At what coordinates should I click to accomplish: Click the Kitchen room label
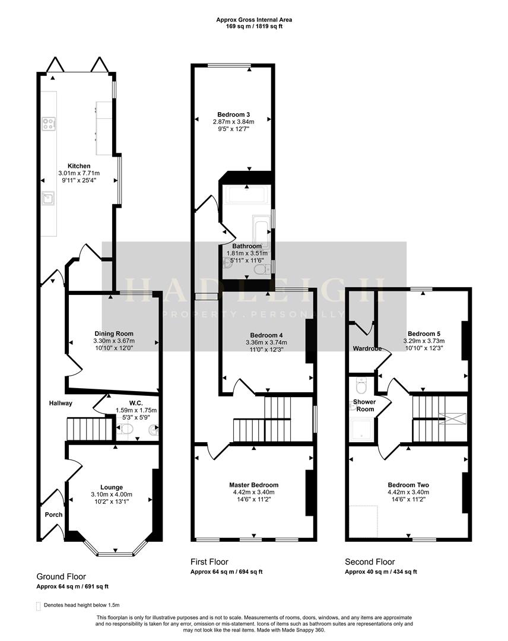pyautogui.click(x=79, y=166)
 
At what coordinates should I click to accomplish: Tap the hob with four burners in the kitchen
pyautogui.click(x=49, y=125)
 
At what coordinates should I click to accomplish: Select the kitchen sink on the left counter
pyautogui.click(x=48, y=198)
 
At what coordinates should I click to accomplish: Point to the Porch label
pyautogui.click(x=53, y=515)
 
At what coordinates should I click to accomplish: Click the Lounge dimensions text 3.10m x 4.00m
pyautogui.click(x=112, y=494)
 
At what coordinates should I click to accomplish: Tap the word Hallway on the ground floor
pyautogui.click(x=61, y=404)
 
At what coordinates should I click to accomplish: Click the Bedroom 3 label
pyautogui.click(x=233, y=115)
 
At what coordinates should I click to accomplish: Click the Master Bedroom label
pyautogui.click(x=254, y=485)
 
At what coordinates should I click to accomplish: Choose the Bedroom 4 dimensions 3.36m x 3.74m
pyautogui.click(x=266, y=342)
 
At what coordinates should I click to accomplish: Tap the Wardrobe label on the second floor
pyautogui.click(x=367, y=348)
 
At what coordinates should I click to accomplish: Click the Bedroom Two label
pyautogui.click(x=408, y=484)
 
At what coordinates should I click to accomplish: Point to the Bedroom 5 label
pyautogui.click(x=424, y=334)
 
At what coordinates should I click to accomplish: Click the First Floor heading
pyautogui.click(x=209, y=561)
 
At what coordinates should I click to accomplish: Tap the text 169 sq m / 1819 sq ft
pyautogui.click(x=253, y=27)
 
